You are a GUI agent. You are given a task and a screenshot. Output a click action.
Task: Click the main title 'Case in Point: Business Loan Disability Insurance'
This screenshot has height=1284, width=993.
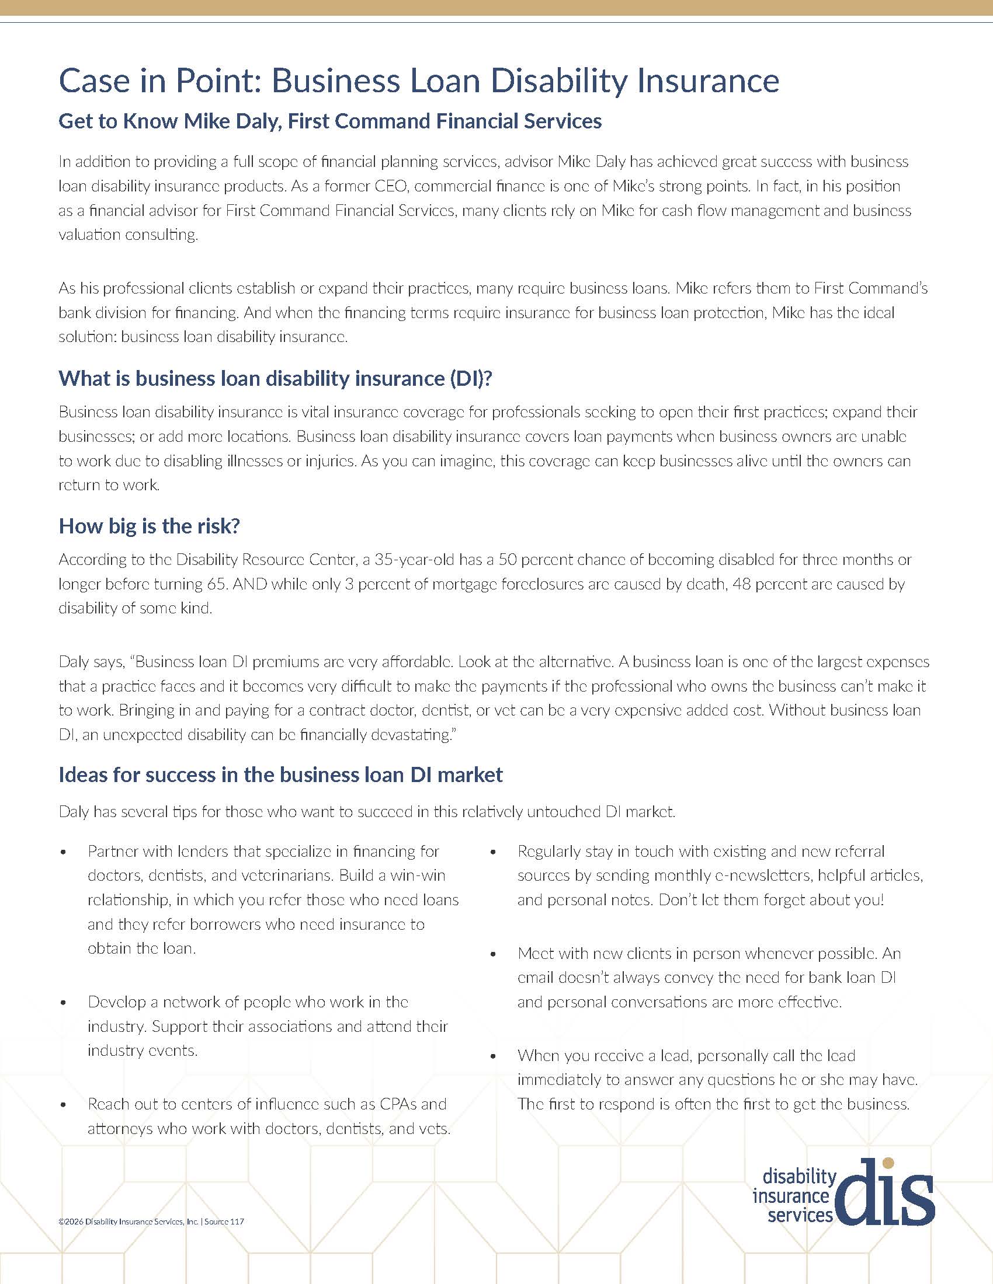click(419, 81)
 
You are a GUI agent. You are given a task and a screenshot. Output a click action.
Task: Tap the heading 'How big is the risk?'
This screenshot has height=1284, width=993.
click(150, 526)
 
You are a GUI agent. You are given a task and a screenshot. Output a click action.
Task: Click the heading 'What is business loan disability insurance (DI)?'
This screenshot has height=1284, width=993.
click(275, 378)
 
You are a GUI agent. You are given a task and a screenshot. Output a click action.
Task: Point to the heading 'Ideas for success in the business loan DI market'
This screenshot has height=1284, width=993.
click(280, 774)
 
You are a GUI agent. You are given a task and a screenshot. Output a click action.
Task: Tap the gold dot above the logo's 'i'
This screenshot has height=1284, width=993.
click(889, 1162)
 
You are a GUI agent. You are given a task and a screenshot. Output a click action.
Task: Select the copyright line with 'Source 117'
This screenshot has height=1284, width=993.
click(151, 1221)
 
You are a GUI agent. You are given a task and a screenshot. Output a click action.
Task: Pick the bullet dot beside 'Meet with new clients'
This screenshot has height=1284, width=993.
click(494, 954)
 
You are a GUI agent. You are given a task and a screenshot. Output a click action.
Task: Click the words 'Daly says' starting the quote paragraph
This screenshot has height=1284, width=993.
click(91, 662)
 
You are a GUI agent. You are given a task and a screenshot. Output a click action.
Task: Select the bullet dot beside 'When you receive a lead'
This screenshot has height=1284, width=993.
click(494, 1056)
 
